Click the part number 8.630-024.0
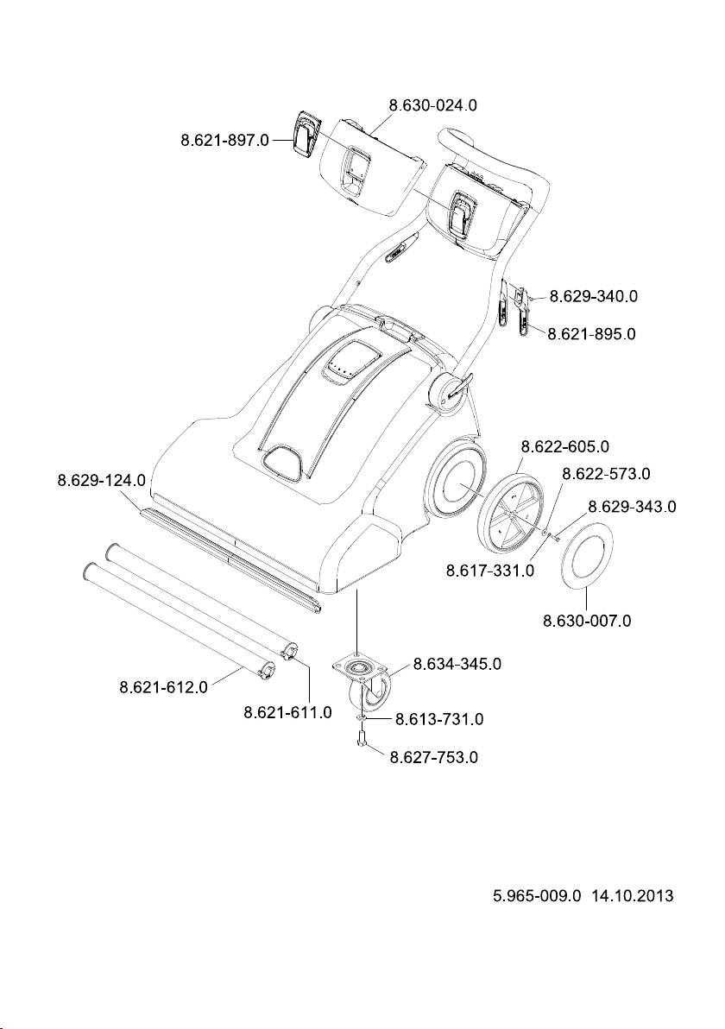(433, 105)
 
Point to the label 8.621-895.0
(592, 333)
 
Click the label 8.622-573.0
(606, 474)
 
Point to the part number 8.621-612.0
(163, 688)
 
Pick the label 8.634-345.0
(457, 664)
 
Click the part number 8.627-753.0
(434, 758)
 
